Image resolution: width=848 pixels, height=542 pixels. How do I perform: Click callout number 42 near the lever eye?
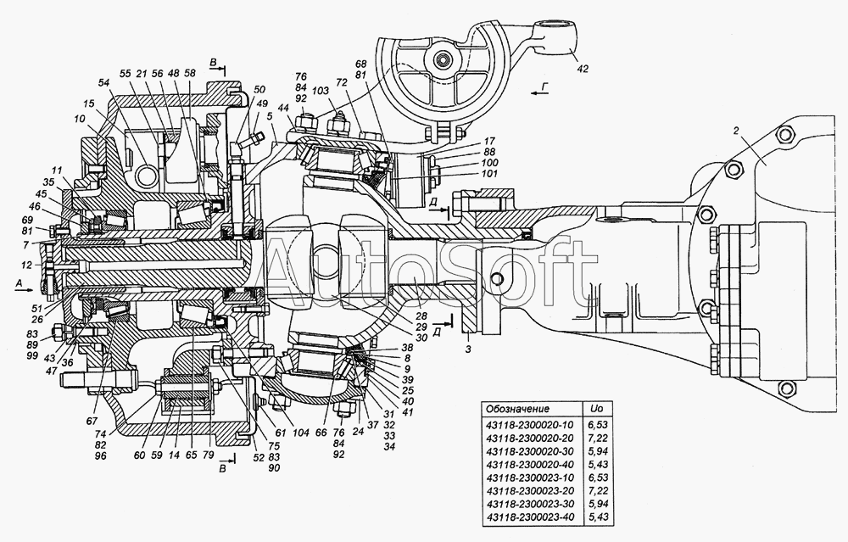(x=582, y=69)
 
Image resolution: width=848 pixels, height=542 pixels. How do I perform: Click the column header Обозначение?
(x=517, y=409)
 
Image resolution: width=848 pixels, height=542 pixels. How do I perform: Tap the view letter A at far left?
(x=20, y=282)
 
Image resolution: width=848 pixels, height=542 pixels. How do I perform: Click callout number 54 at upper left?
(x=103, y=82)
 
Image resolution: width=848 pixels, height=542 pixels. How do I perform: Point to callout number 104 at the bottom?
(x=301, y=433)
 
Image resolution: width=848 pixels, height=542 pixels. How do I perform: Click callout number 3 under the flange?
(x=468, y=349)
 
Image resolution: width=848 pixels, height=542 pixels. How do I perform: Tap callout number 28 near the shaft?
(x=421, y=316)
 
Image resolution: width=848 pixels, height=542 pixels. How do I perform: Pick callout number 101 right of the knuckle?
(x=490, y=174)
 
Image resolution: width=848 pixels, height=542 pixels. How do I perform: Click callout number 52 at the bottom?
(x=259, y=457)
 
